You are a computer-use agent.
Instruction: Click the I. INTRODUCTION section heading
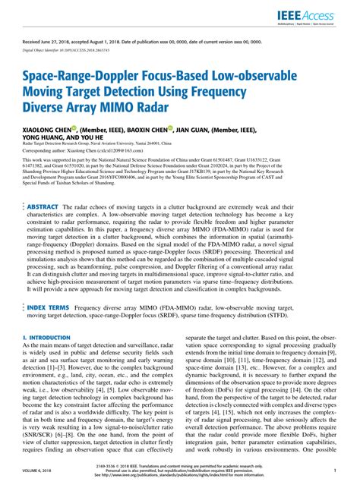46,357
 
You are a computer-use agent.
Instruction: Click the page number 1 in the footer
334,471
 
